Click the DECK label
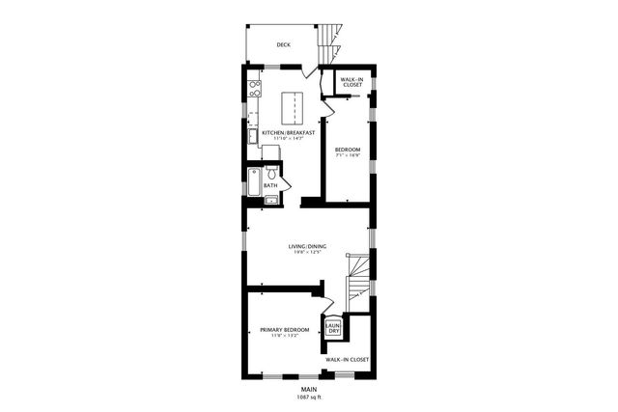click(x=283, y=44)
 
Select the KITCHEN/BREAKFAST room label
click(x=289, y=133)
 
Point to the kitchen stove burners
click(x=255, y=90)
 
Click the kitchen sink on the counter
click(x=251, y=135)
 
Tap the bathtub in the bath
click(x=254, y=182)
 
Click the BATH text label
click(x=270, y=185)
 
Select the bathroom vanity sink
click(x=271, y=200)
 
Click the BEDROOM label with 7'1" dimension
click(x=348, y=150)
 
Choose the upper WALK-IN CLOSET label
click(x=352, y=82)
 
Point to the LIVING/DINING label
click(x=307, y=247)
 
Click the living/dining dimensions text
click(x=307, y=254)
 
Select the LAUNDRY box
click(x=333, y=328)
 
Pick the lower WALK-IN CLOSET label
click(x=348, y=359)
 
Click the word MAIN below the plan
click(x=308, y=389)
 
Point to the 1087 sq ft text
click(x=308, y=397)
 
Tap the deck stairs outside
click(x=331, y=39)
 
